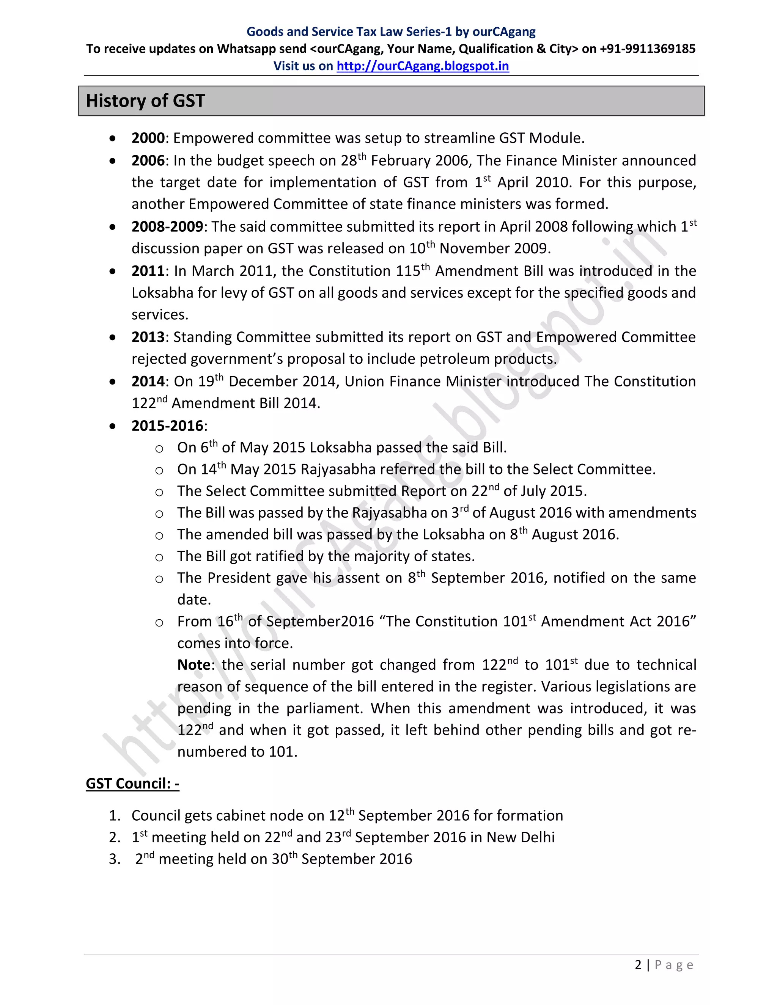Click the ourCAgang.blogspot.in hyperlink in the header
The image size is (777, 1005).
(423, 66)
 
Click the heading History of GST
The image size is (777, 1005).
(145, 101)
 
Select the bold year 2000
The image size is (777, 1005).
(148, 138)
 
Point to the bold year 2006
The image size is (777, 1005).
(148, 160)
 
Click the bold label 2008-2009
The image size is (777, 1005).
(167, 227)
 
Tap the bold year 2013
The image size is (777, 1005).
(148, 337)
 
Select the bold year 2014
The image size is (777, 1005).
(148, 382)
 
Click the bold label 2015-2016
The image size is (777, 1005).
(167, 426)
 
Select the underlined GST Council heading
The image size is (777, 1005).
(132, 784)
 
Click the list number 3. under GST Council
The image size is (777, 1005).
(115, 859)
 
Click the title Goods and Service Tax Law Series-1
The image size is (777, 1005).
(349, 32)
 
